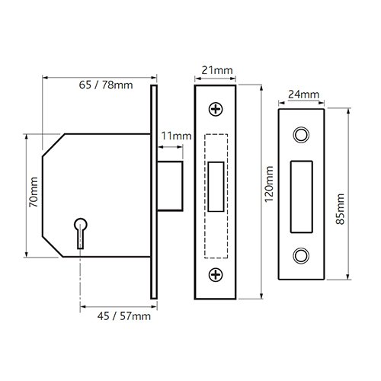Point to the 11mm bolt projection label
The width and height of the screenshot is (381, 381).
click(x=175, y=136)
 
